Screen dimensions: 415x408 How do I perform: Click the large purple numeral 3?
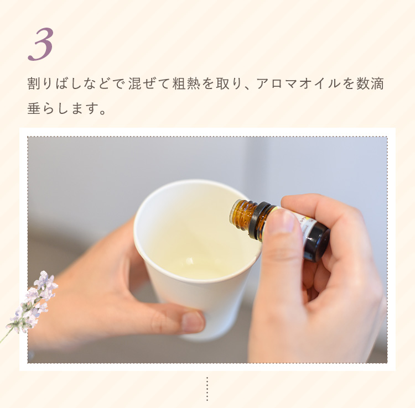point(41,44)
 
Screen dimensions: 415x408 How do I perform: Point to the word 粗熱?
point(186,84)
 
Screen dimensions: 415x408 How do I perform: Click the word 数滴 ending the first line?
point(370,84)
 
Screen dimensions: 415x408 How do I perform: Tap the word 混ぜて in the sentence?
point(148,84)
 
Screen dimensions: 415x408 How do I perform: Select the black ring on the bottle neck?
point(257,220)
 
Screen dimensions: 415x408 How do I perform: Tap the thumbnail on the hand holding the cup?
point(193,322)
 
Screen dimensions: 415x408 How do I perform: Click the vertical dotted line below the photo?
point(207,389)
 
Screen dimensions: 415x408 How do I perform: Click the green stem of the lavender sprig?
point(6,335)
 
